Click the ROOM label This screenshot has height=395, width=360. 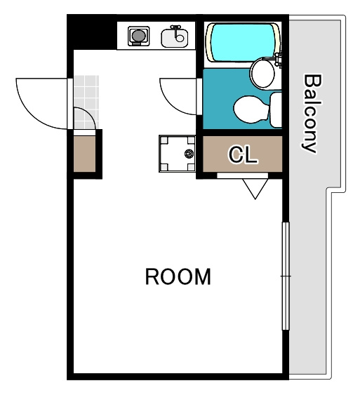178,276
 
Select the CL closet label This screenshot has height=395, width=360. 243,154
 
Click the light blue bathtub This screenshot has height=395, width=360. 243,42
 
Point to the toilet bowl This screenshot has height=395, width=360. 251,109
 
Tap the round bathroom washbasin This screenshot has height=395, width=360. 262,73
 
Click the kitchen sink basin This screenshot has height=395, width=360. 174,38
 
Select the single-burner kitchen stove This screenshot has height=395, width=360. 138,36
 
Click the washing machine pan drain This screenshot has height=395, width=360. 189,153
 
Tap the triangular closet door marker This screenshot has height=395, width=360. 255,189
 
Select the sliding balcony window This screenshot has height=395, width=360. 286,276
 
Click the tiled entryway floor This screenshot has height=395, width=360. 86,102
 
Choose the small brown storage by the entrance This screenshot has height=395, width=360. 84,154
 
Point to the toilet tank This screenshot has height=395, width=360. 276,110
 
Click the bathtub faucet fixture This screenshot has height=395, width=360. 278,60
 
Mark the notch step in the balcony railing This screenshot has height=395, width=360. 336,190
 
